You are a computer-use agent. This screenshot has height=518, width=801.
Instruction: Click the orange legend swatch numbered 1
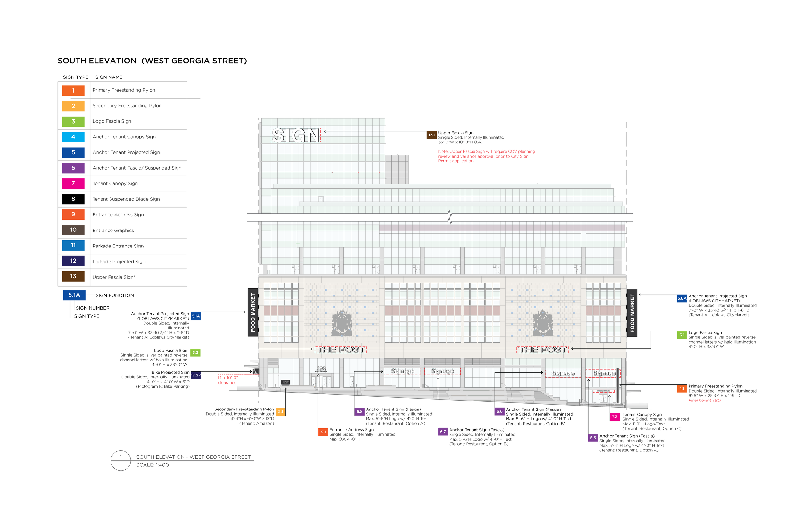pos(73,90)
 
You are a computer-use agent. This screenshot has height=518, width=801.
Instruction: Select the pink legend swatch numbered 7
pos(73,183)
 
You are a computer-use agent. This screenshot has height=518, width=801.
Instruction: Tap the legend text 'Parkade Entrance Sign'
pos(118,246)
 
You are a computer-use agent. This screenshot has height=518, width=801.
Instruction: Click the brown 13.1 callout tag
pos(432,135)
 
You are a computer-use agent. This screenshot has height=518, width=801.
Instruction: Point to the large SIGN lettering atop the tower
pos(296,135)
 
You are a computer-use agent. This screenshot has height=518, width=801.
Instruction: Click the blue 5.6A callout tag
pos(682,298)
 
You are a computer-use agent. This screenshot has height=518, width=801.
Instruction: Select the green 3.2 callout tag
pos(195,352)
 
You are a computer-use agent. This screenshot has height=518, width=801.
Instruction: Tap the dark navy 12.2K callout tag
pos(196,375)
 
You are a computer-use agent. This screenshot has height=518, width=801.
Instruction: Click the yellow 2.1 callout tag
pos(280,411)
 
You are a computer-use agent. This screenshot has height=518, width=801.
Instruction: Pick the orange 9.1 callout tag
pos(323,432)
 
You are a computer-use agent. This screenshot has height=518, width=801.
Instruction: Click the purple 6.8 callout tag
pos(359,411)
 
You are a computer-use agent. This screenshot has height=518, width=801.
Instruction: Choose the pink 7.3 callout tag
pos(615,417)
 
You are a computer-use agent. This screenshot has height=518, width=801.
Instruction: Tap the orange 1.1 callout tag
pos(682,389)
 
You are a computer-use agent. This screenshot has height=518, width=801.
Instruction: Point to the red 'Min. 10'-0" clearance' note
pos(227,380)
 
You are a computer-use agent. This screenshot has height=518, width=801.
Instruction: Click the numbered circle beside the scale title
pos(121,460)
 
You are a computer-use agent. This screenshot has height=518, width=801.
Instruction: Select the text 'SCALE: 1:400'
pos(153,465)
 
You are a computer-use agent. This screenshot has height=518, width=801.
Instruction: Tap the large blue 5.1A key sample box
pos(74,295)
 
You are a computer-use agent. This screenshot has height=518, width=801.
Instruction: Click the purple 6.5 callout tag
pos(593,438)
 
